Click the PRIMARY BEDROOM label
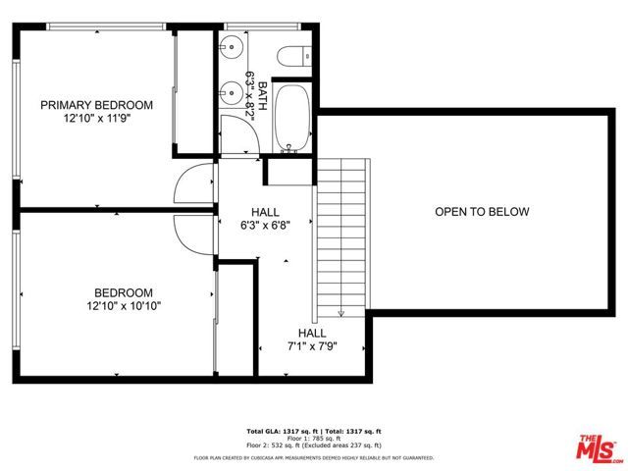pyautogui.click(x=96, y=105)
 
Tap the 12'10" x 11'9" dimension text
pyautogui.click(x=96, y=119)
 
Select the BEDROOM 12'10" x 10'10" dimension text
pyautogui.click(x=124, y=306)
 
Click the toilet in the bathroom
pyautogui.click(x=292, y=56)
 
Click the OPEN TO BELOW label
pyautogui.click(x=482, y=212)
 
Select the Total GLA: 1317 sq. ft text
pyautogui.click(x=279, y=432)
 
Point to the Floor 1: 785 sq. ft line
pyautogui.click(x=313, y=440)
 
